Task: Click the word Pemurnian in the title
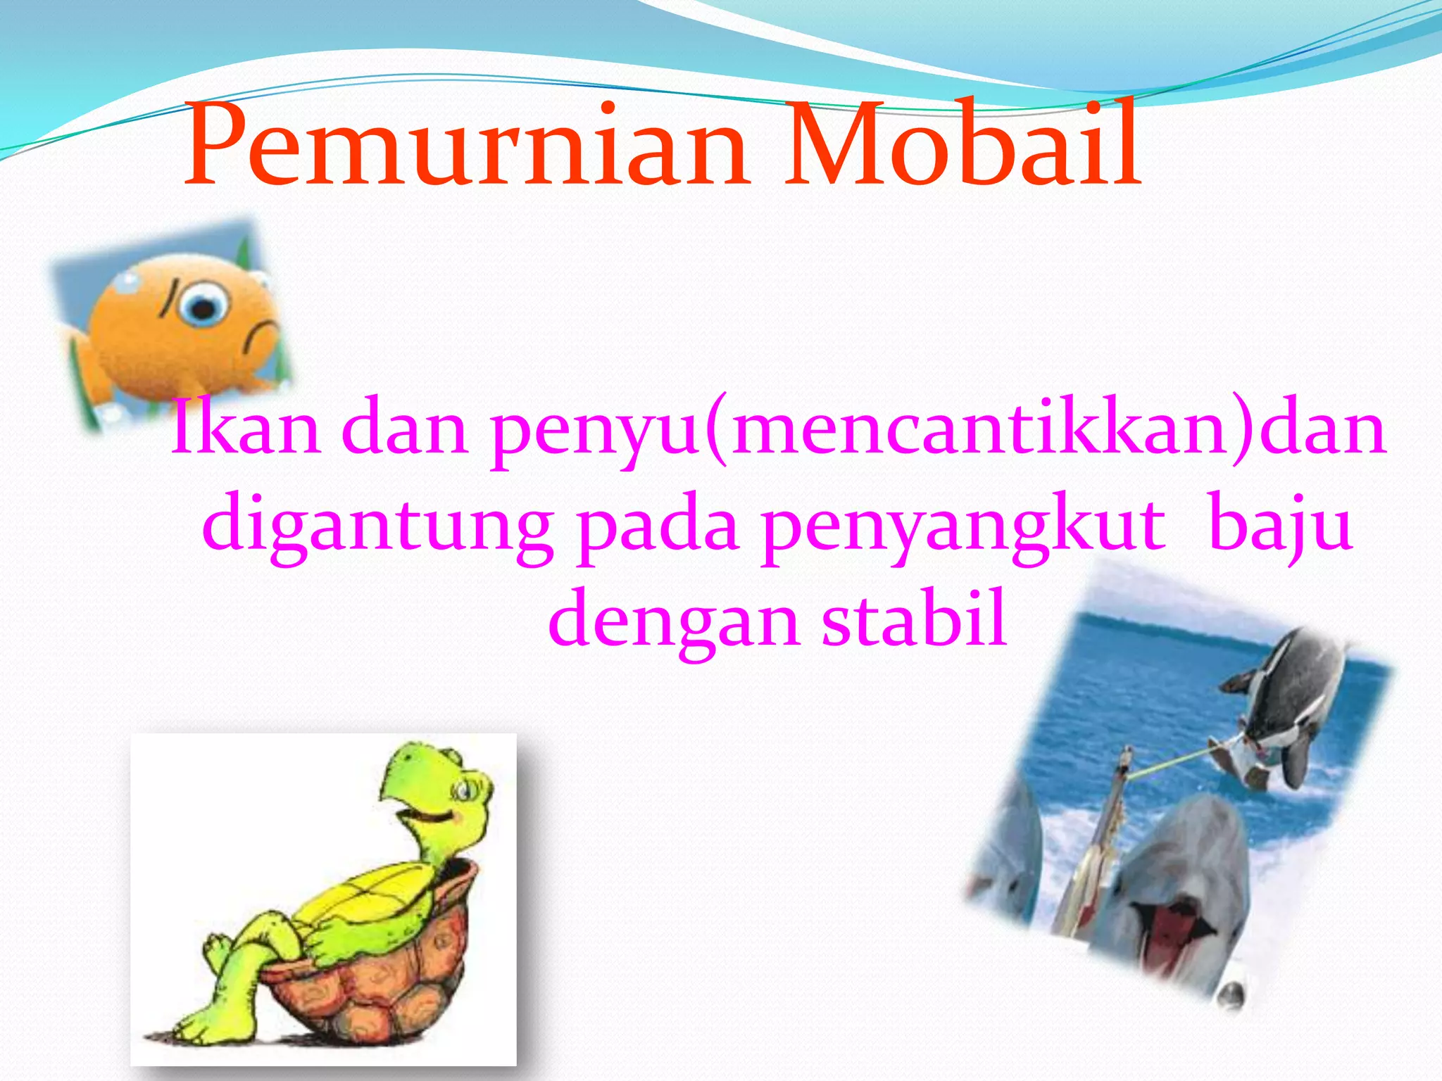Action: point(465,148)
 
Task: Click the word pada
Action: point(658,528)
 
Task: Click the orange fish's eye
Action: point(203,306)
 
